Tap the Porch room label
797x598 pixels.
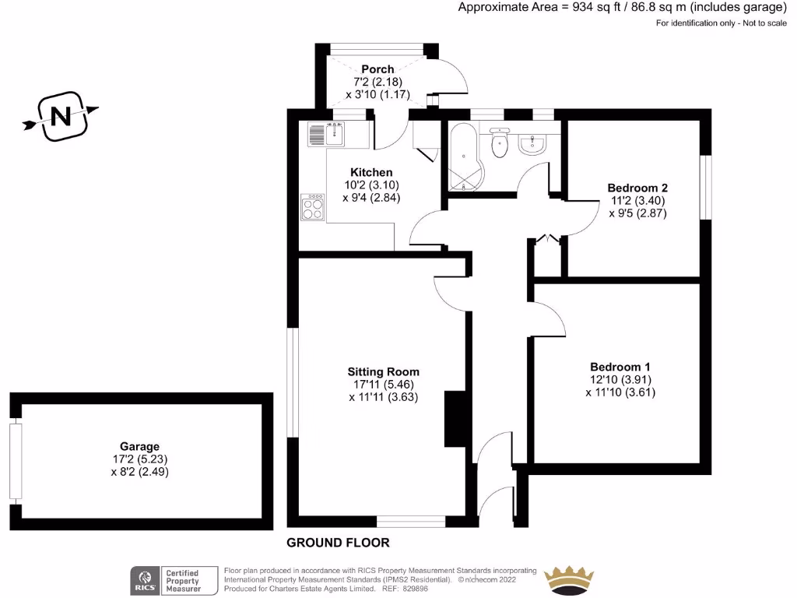(377, 69)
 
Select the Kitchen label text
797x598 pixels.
(371, 172)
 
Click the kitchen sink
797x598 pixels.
(327, 135)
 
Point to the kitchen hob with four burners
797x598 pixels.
(313, 207)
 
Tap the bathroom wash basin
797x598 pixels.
(535, 144)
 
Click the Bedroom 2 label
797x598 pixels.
(637, 188)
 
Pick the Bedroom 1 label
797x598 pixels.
(620, 367)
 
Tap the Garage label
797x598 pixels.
(140, 447)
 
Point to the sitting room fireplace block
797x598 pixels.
(455, 417)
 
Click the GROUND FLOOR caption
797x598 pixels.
(338, 543)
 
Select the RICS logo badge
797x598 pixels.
(144, 580)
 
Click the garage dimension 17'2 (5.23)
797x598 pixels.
(140, 459)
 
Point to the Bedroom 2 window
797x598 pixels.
(705, 188)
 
